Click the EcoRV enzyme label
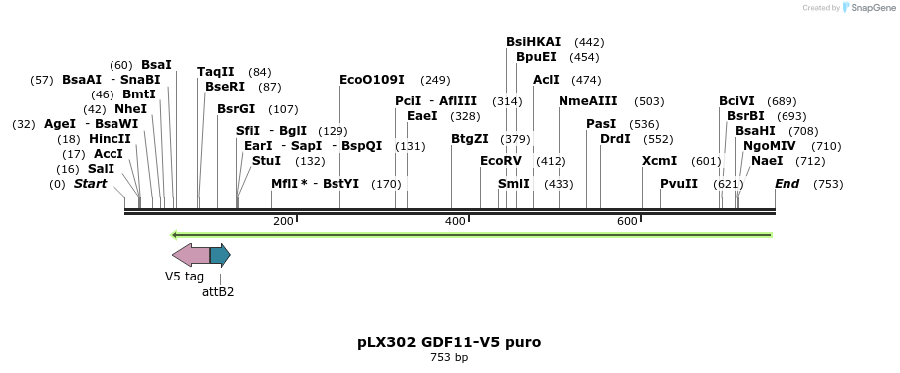pyautogui.click(x=500, y=161)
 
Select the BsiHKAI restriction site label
pyautogui.click(x=533, y=42)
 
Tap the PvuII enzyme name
pyautogui.click(x=678, y=184)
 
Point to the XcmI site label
pyautogui.click(x=659, y=161)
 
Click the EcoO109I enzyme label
pyautogui.click(x=371, y=80)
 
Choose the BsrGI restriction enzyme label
pyautogui.click(x=236, y=109)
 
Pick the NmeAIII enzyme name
pyautogui.click(x=587, y=101)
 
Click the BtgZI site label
pyautogui.click(x=469, y=139)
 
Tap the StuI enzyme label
pyautogui.click(x=266, y=161)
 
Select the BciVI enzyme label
pyautogui.click(x=737, y=101)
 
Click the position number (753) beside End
pyautogui.click(x=828, y=184)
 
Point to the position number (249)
pyautogui.click(x=435, y=80)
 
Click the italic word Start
pyautogui.click(x=90, y=184)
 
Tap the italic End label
pyautogui.click(x=787, y=184)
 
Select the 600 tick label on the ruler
pyautogui.click(x=627, y=221)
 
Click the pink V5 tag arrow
pyautogui.click(x=191, y=255)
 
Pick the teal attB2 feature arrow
pyautogui.click(x=220, y=255)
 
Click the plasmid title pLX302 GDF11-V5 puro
pyautogui.click(x=449, y=342)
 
